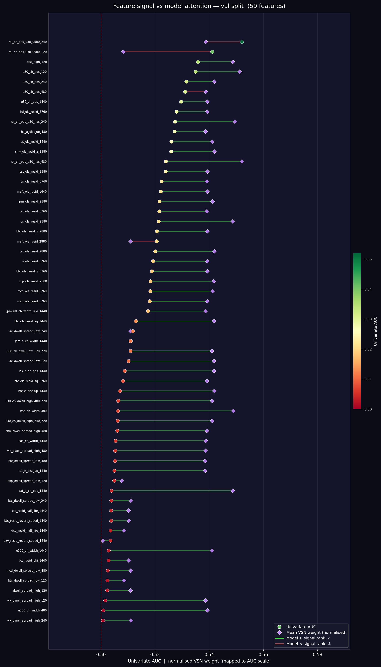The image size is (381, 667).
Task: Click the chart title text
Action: point(199,6)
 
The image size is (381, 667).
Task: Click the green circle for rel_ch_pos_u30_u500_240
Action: point(242,42)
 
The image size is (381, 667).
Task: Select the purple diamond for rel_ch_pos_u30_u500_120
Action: point(123,52)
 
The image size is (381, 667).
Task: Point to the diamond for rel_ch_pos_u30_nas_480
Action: point(242,162)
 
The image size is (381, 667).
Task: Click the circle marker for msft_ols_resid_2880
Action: point(156,241)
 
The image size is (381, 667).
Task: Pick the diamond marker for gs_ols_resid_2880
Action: point(233,221)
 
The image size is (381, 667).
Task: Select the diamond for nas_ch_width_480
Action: point(233,411)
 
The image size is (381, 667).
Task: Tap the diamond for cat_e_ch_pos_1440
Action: point(233,490)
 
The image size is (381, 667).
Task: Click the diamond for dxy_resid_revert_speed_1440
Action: point(103,541)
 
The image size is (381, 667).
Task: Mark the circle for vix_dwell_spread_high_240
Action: point(103,620)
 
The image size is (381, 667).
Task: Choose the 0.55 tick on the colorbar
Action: point(368,259)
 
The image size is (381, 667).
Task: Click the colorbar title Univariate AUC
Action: point(376,331)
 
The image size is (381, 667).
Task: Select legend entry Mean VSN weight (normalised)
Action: point(316,632)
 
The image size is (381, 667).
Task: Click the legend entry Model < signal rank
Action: point(308,644)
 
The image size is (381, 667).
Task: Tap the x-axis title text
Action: point(199,661)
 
